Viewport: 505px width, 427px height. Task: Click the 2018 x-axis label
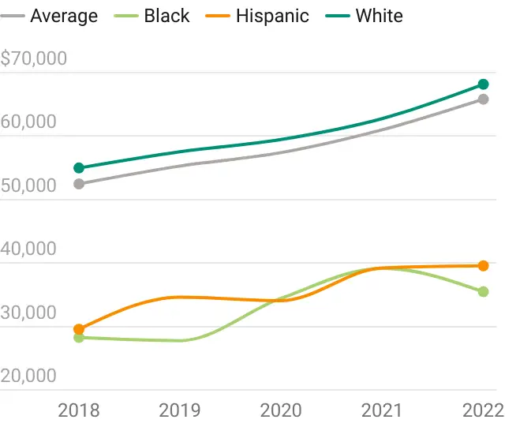click(x=79, y=410)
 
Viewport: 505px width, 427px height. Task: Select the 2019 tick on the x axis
click(x=180, y=410)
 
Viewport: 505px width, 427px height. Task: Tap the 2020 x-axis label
click(x=281, y=410)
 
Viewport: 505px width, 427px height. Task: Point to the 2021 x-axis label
click(x=382, y=410)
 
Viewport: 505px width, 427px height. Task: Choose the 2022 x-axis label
click(x=483, y=410)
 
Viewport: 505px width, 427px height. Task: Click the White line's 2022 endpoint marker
click(x=483, y=84)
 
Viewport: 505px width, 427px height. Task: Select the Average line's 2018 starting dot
click(x=79, y=184)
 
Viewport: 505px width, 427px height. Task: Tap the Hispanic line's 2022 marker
click(x=483, y=266)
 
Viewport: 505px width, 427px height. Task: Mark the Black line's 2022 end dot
click(x=483, y=292)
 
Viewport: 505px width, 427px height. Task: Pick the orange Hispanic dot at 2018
click(x=79, y=329)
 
